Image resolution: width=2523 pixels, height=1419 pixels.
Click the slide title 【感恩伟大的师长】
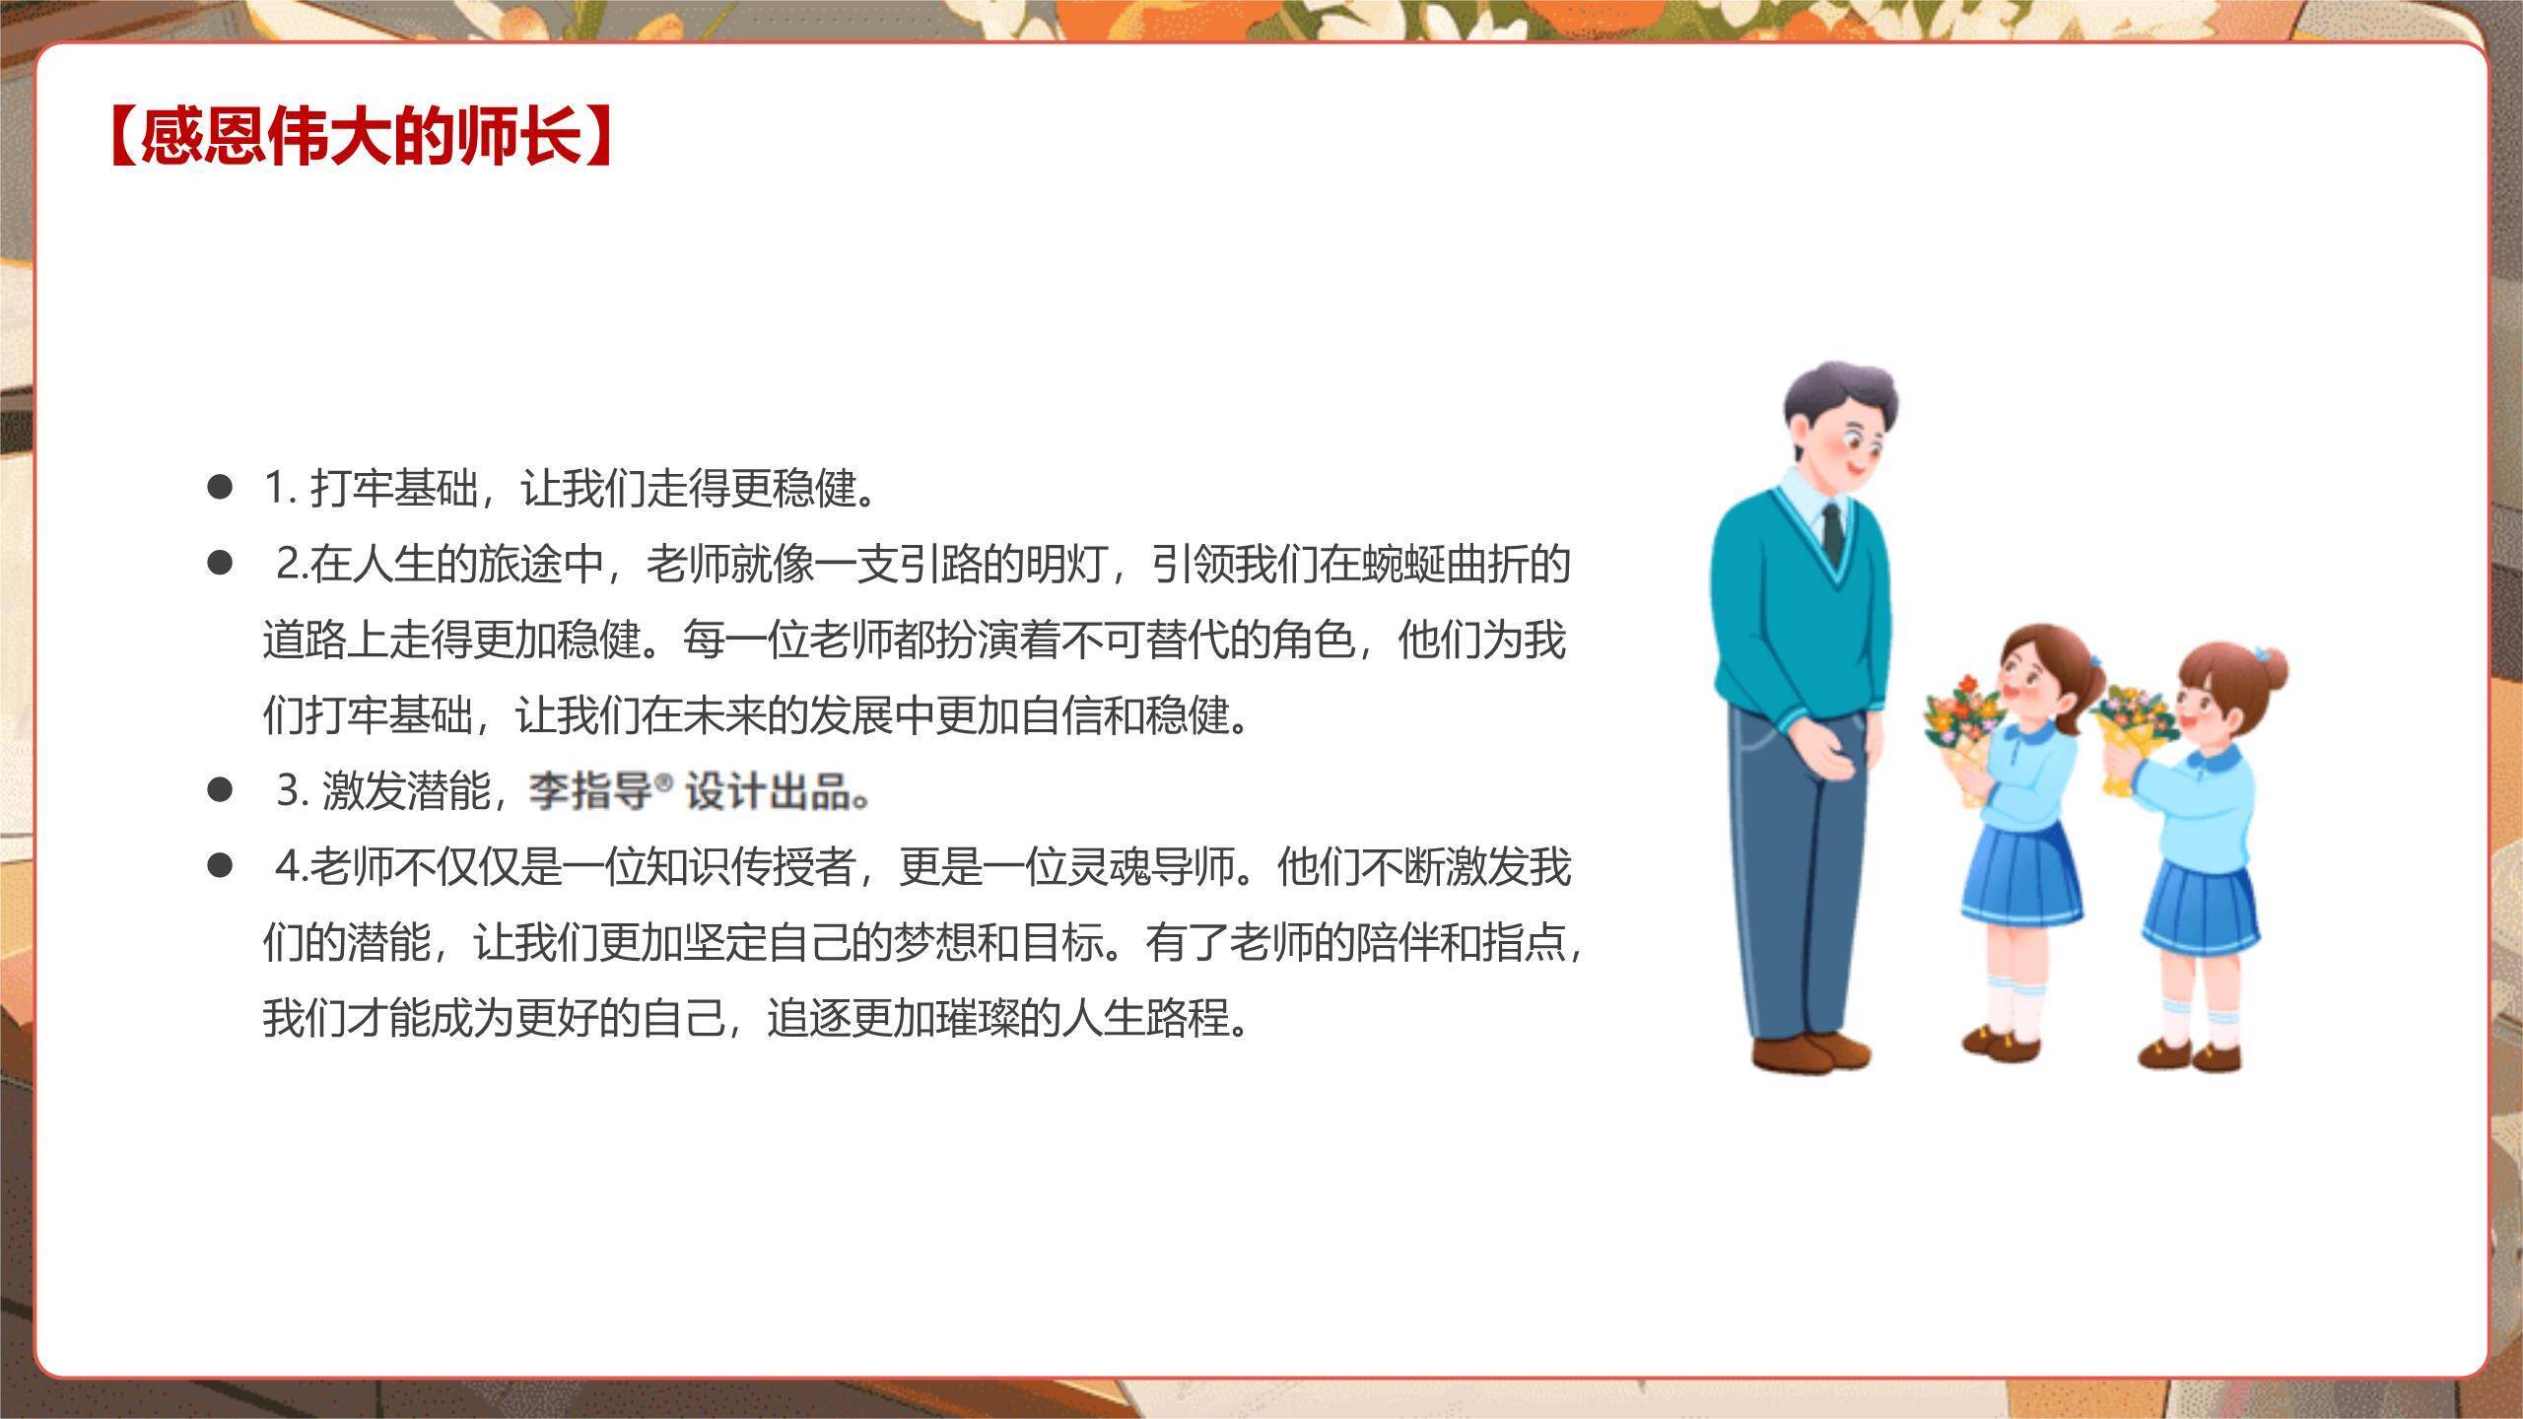(361, 136)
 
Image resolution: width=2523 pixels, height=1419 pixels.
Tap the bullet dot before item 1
(220, 487)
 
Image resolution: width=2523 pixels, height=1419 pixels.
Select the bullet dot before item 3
(220, 789)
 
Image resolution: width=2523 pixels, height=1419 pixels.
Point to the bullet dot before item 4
(220, 866)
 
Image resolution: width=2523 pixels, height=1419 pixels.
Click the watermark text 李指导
(590, 790)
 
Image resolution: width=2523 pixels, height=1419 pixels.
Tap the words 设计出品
(768, 790)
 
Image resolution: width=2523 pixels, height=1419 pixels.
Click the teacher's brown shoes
(1811, 1053)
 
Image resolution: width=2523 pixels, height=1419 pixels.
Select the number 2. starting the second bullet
(293, 565)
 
